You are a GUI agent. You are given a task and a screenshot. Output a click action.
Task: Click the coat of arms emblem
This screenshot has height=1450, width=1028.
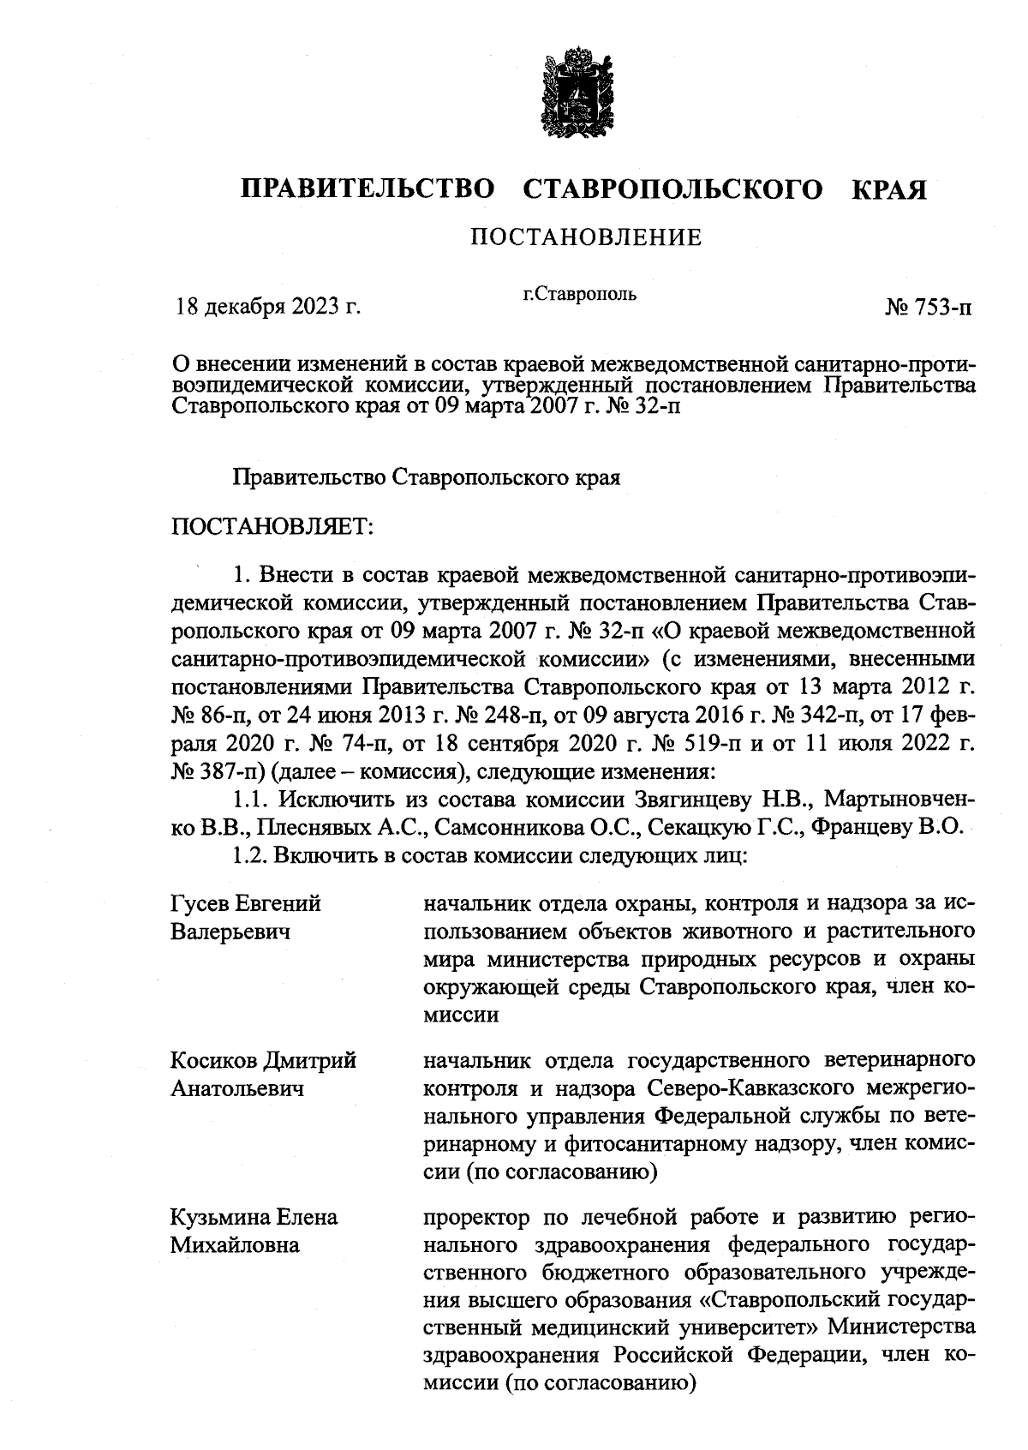pyautogui.click(x=575, y=97)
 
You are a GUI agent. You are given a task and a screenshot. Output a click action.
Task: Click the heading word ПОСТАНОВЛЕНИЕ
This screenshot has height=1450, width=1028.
pyautogui.click(x=586, y=237)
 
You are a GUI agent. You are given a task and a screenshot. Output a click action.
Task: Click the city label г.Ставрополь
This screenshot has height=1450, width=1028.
pyautogui.click(x=580, y=295)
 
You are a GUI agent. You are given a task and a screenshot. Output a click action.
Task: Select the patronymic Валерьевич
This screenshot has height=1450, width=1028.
pyautogui.click(x=230, y=932)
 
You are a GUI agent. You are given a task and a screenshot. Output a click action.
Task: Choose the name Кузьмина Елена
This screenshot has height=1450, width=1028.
pyautogui.click(x=254, y=1218)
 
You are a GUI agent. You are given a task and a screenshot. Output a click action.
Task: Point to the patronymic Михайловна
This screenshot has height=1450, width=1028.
pyautogui.click(x=235, y=1245)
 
